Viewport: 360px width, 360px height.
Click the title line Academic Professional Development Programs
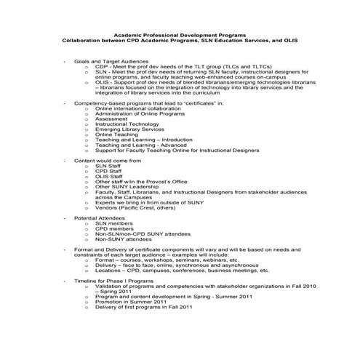(x=180, y=35)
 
